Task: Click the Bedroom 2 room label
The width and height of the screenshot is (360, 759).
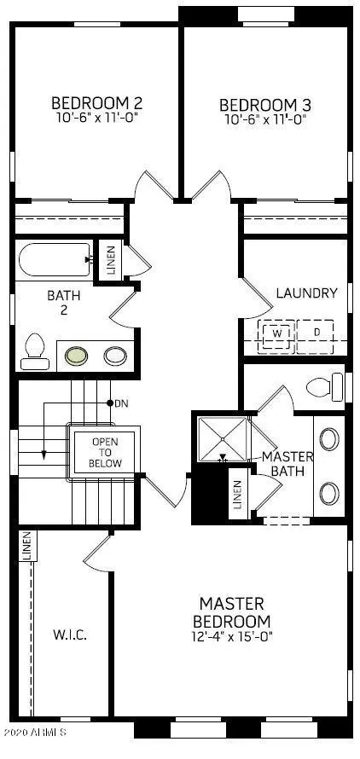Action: tap(97, 103)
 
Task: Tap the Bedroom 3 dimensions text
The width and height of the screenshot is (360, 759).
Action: tap(265, 119)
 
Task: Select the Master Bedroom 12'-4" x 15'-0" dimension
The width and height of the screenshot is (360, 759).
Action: tap(232, 635)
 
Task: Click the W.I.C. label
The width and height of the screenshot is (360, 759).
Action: tap(70, 634)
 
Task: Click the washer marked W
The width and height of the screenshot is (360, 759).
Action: tap(276, 333)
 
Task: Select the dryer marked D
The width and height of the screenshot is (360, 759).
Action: tap(316, 334)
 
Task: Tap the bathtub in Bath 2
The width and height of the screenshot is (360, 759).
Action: tap(55, 259)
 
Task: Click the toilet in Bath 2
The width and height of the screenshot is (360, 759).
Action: tap(35, 352)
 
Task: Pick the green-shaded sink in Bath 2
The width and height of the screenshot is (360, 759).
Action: tap(77, 356)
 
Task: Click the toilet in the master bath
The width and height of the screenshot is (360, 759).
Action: tap(325, 387)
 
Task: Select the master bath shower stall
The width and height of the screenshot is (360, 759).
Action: tap(223, 439)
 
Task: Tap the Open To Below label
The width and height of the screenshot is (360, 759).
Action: tap(105, 453)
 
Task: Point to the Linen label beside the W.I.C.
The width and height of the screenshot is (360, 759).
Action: tap(27, 546)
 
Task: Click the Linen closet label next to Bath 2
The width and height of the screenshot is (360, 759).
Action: tap(111, 260)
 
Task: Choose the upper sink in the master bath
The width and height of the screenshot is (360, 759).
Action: tap(329, 439)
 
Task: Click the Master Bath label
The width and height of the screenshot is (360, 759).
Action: tap(287, 463)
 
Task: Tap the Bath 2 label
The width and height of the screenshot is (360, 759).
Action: tap(64, 302)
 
